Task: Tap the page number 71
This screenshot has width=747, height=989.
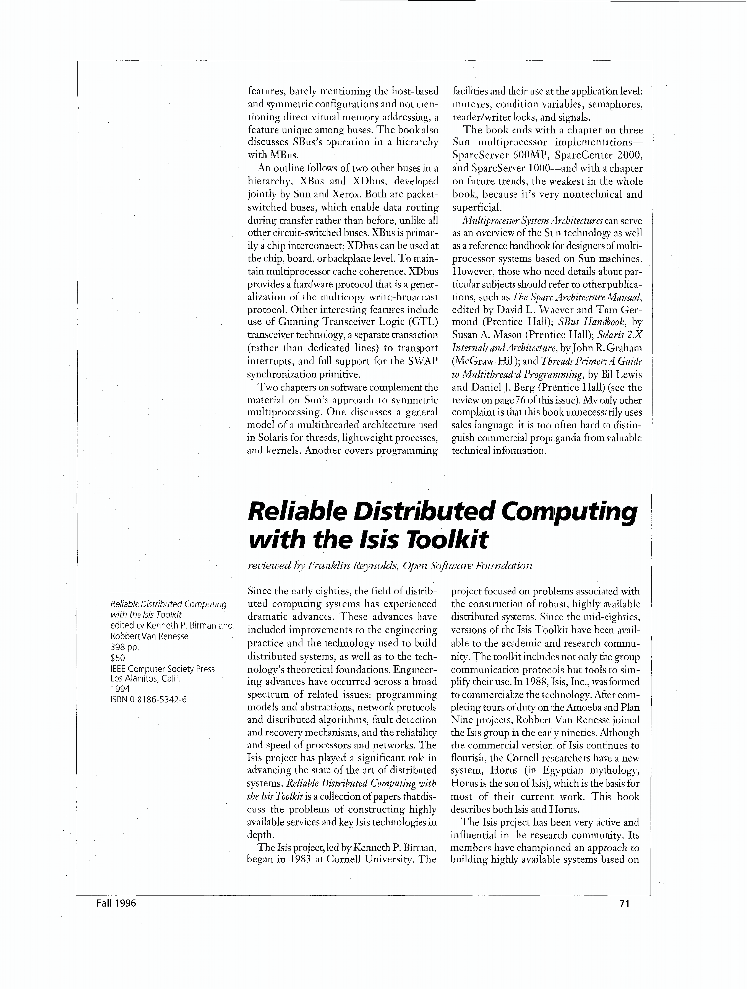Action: click(624, 902)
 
